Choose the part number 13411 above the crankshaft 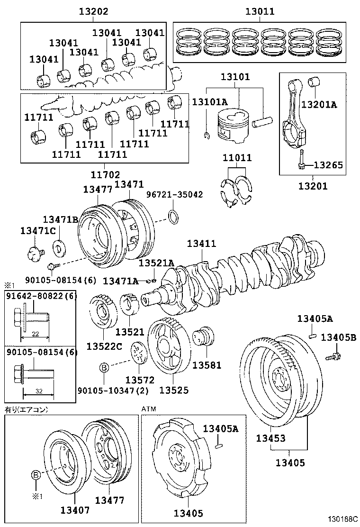tap(201, 244)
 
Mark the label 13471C tap(38, 230)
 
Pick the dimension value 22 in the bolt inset tap(36, 334)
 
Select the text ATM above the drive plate tap(149, 409)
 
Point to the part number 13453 tap(271, 438)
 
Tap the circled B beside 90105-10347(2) tap(104, 367)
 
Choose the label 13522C tap(104, 346)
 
